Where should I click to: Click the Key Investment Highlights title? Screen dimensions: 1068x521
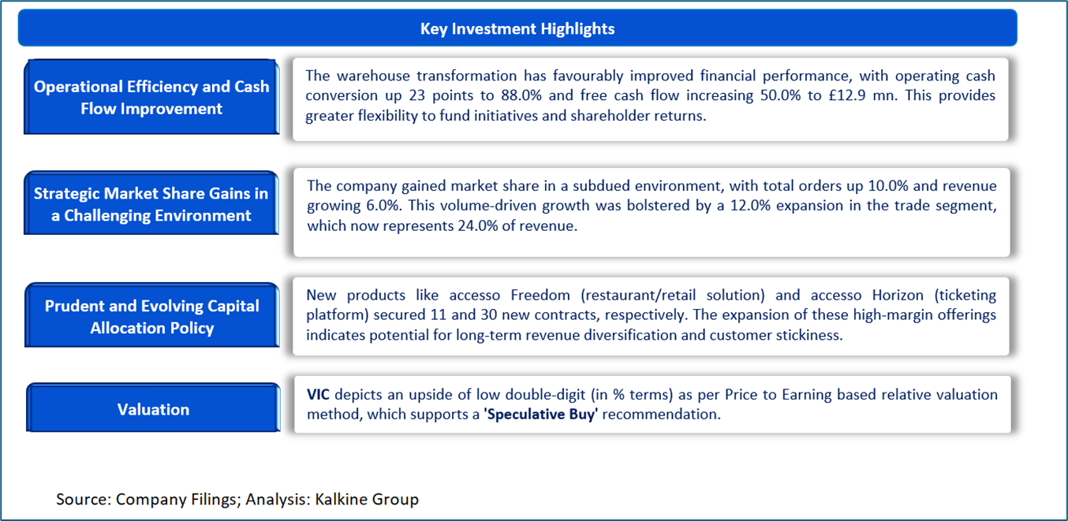point(517,28)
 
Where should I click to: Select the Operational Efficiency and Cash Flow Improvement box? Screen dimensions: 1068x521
point(151,97)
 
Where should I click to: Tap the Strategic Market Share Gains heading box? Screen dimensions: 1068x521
point(151,204)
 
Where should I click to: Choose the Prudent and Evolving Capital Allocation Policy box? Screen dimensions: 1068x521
point(151,316)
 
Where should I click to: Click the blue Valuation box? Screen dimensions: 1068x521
point(153,408)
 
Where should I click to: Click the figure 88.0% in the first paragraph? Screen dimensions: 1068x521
point(521,95)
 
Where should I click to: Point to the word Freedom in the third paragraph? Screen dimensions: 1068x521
point(540,296)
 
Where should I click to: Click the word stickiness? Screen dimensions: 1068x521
point(809,335)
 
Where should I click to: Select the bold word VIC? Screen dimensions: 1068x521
point(318,394)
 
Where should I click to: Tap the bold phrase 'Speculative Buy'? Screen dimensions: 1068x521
point(540,415)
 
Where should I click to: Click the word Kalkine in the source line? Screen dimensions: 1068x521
point(342,499)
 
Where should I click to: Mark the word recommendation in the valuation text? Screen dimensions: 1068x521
point(661,415)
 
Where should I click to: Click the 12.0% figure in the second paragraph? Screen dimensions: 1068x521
point(750,206)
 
